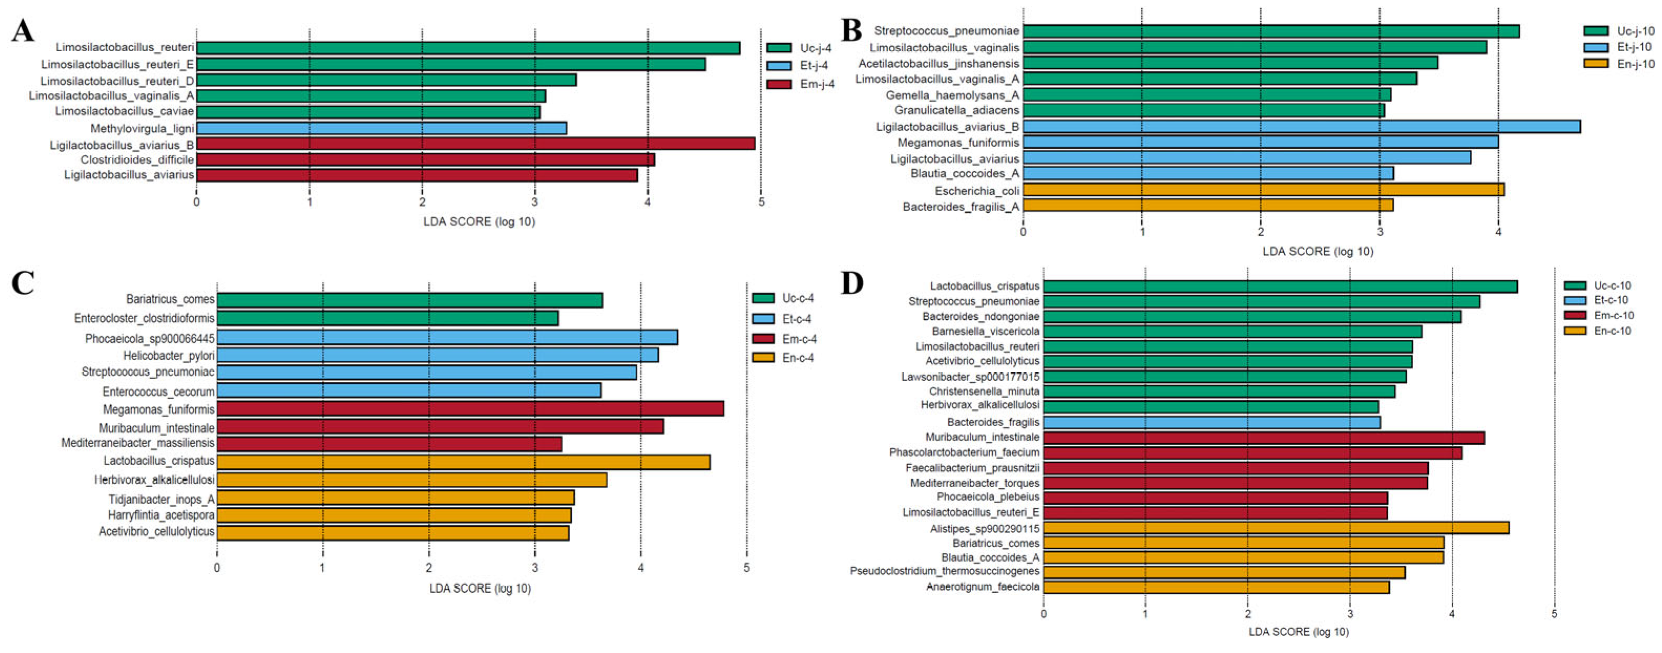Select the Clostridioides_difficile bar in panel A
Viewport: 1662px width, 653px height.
pos(425,160)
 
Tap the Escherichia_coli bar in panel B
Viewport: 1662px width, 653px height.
pos(1263,189)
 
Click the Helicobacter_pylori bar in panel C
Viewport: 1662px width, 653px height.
pos(437,355)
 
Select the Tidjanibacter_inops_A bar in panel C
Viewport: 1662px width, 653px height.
pos(395,498)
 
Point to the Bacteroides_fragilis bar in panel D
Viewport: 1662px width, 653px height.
pos(1212,422)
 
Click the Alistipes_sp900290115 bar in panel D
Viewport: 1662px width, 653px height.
pos(1276,528)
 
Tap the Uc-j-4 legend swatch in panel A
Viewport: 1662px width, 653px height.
pos(779,48)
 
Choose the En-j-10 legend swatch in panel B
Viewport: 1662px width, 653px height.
pos(1596,63)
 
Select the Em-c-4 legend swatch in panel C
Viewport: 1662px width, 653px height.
pos(763,339)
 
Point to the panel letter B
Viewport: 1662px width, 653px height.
pos(851,30)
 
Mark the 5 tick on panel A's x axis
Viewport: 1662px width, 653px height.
pos(761,203)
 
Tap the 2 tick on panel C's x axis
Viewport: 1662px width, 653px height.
pos(428,568)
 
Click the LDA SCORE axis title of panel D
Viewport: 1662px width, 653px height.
pos(1298,631)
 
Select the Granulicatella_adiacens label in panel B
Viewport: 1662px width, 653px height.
pos(956,110)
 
